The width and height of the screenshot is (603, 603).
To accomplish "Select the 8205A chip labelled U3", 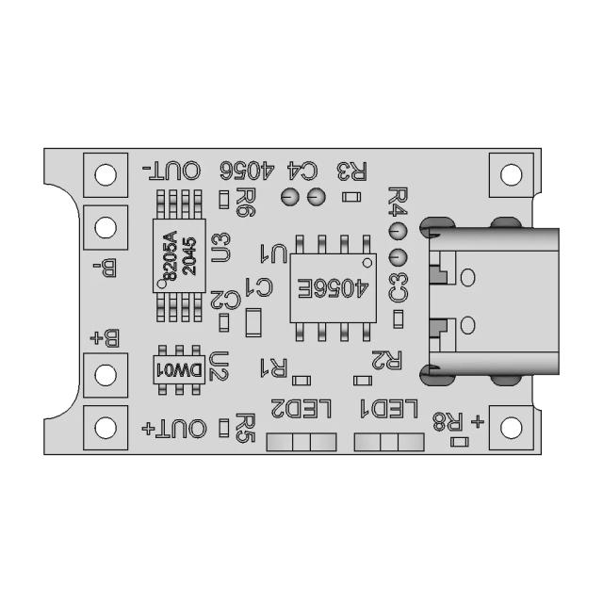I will [x=178, y=253].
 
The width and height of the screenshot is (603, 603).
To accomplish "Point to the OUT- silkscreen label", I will [x=171, y=171].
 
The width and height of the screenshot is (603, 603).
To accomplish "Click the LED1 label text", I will [x=387, y=409].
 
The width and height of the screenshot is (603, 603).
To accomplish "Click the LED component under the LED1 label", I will [x=388, y=443].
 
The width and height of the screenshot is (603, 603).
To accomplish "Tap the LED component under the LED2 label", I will [x=301, y=443].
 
